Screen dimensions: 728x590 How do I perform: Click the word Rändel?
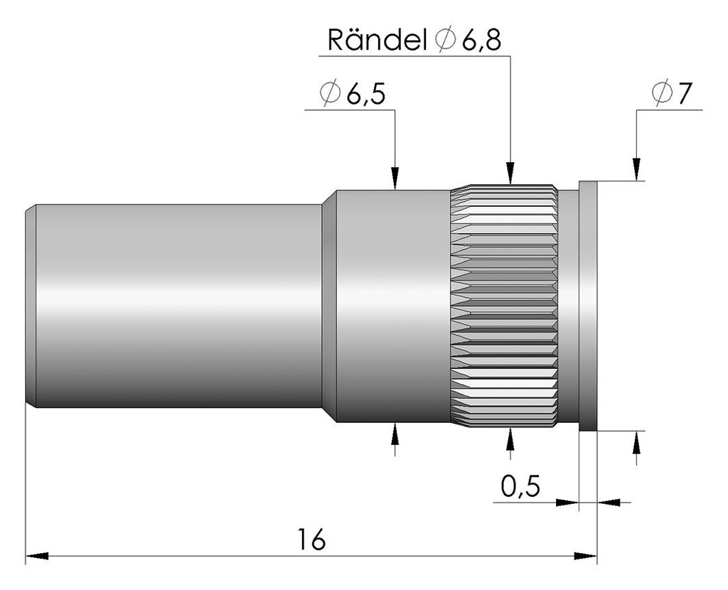[377, 40]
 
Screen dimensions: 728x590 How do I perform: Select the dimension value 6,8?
[481, 41]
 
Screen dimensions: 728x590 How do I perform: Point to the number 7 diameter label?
[685, 93]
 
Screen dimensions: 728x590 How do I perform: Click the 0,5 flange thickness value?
[520, 486]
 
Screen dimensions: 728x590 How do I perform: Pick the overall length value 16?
[311, 539]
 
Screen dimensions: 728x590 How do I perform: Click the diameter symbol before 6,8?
[445, 40]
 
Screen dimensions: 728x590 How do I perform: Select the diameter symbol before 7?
[662, 93]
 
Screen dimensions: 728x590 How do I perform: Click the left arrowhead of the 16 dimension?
[37, 556]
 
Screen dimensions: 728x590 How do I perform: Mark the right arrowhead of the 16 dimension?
[586, 556]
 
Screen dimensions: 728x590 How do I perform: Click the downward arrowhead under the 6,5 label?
[395, 178]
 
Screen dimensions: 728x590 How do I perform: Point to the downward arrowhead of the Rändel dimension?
[510, 173]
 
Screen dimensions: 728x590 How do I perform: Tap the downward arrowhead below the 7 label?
[636, 169]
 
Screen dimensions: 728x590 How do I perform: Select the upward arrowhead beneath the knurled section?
[510, 439]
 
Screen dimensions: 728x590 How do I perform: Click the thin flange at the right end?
[588, 306]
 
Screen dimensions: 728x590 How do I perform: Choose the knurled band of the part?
[504, 306]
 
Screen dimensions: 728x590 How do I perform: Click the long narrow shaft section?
[178, 306]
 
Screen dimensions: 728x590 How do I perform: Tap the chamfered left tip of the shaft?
[31, 306]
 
